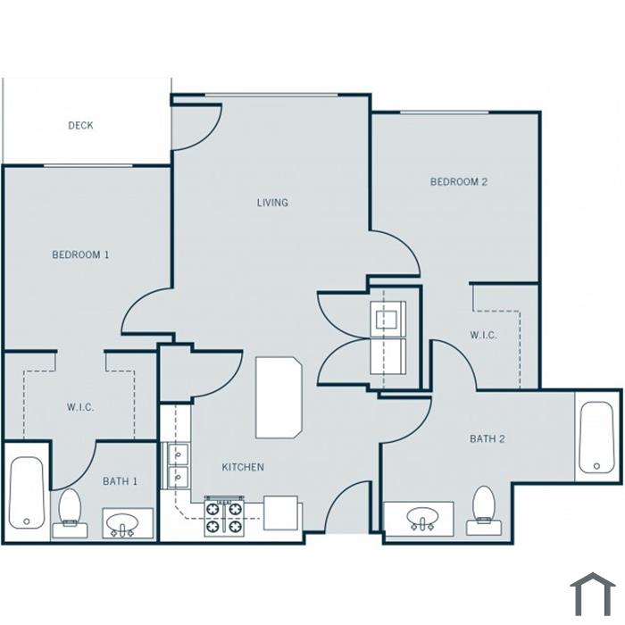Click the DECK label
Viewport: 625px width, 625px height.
(80, 126)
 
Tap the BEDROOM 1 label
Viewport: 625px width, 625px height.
(80, 254)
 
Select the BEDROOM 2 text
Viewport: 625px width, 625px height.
(459, 182)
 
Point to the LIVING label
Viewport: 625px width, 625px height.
(272, 203)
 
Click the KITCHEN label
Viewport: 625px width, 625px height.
(243, 467)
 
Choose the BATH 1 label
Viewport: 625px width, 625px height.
(120, 481)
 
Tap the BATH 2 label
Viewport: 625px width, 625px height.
(487, 439)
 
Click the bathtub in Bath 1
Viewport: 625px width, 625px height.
(27, 493)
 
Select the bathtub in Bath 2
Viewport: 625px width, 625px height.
(596, 437)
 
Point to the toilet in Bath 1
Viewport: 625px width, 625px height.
(70, 513)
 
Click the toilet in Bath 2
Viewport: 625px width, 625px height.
(484, 511)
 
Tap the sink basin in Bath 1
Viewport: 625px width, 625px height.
(123, 522)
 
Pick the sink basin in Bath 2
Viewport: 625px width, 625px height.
(422, 517)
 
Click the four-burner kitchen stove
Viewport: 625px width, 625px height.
(224, 516)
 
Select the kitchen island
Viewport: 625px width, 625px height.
(279, 397)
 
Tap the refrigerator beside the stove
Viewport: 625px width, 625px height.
(281, 513)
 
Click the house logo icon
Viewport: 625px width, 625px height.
(593, 594)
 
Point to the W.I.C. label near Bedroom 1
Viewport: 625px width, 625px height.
(80, 407)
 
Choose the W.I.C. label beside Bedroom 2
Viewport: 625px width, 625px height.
(483, 335)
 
